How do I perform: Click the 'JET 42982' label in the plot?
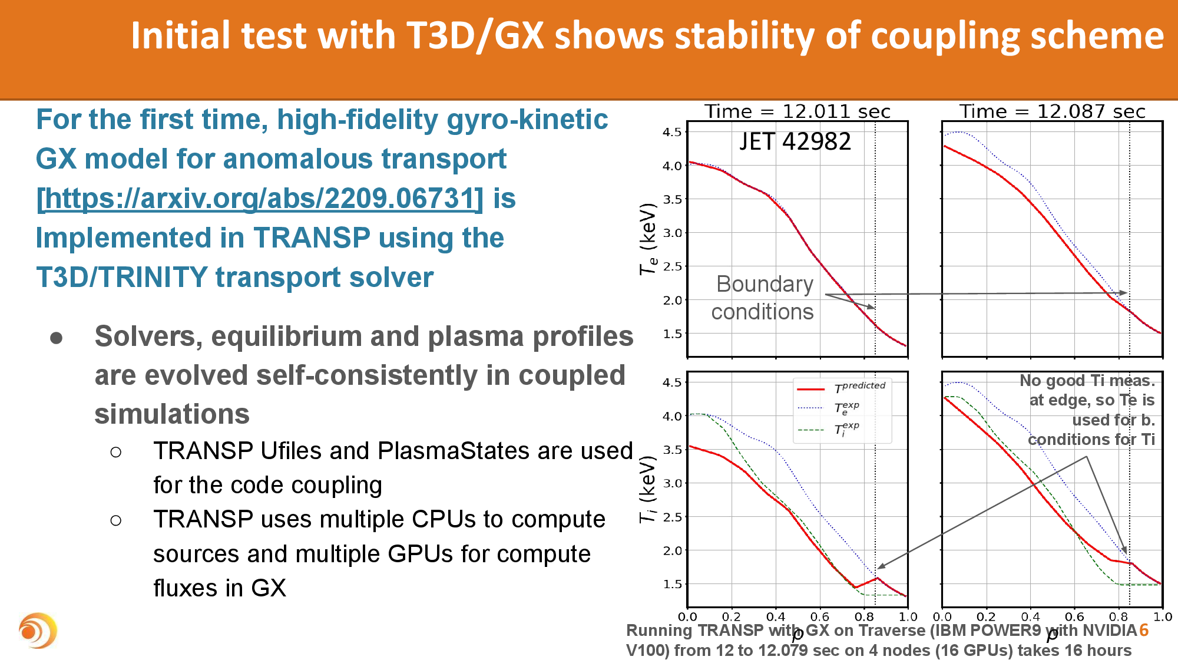795,142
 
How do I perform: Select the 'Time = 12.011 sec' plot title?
798,111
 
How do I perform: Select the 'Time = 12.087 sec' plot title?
1052,111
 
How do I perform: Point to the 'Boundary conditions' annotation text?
763,298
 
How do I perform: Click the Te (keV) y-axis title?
648,239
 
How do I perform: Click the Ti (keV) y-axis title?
648,489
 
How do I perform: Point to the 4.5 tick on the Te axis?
672,132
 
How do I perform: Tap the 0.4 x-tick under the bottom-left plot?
776,617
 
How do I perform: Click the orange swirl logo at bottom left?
37,631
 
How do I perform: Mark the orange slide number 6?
1144,630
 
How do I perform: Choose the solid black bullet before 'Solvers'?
57,338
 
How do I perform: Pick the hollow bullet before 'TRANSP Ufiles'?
116,452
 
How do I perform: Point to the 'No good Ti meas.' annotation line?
1087,381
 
